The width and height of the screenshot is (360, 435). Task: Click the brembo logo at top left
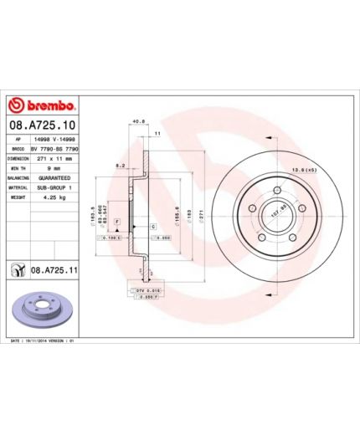tap(42, 106)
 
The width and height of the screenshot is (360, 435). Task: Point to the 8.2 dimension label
tap(120, 166)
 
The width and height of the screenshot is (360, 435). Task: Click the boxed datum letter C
tap(154, 227)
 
